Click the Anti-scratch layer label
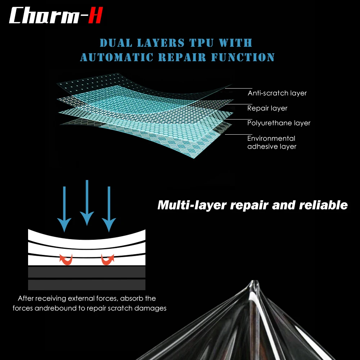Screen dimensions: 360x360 277,93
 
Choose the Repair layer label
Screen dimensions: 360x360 267,108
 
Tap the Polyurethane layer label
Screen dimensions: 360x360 279,123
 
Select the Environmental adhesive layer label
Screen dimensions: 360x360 271,142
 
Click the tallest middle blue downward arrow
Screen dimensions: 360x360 87,203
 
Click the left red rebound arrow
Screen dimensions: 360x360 66,260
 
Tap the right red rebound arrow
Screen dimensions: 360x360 107,260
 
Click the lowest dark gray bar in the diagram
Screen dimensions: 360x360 87,285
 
